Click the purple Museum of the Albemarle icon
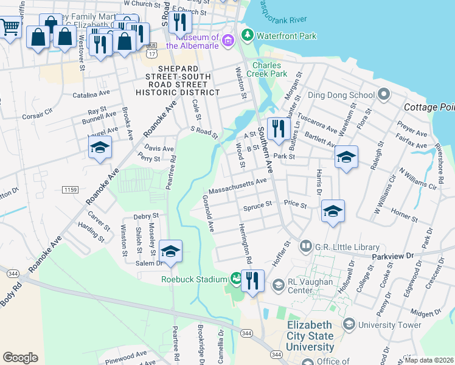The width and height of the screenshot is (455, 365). point(229,41)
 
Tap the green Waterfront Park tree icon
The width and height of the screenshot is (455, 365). point(247,35)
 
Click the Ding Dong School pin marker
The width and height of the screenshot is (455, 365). point(383,95)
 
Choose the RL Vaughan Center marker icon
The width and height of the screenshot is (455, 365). point(278,285)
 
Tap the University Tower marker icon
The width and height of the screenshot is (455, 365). point(349,325)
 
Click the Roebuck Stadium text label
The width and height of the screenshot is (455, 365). point(193,280)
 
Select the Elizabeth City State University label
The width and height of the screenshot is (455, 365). point(310,336)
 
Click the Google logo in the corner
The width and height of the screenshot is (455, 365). point(20,357)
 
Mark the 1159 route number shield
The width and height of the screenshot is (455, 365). point(70,190)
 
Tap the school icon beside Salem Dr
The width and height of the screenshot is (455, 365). point(170,251)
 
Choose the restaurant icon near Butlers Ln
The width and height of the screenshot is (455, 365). point(276,128)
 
